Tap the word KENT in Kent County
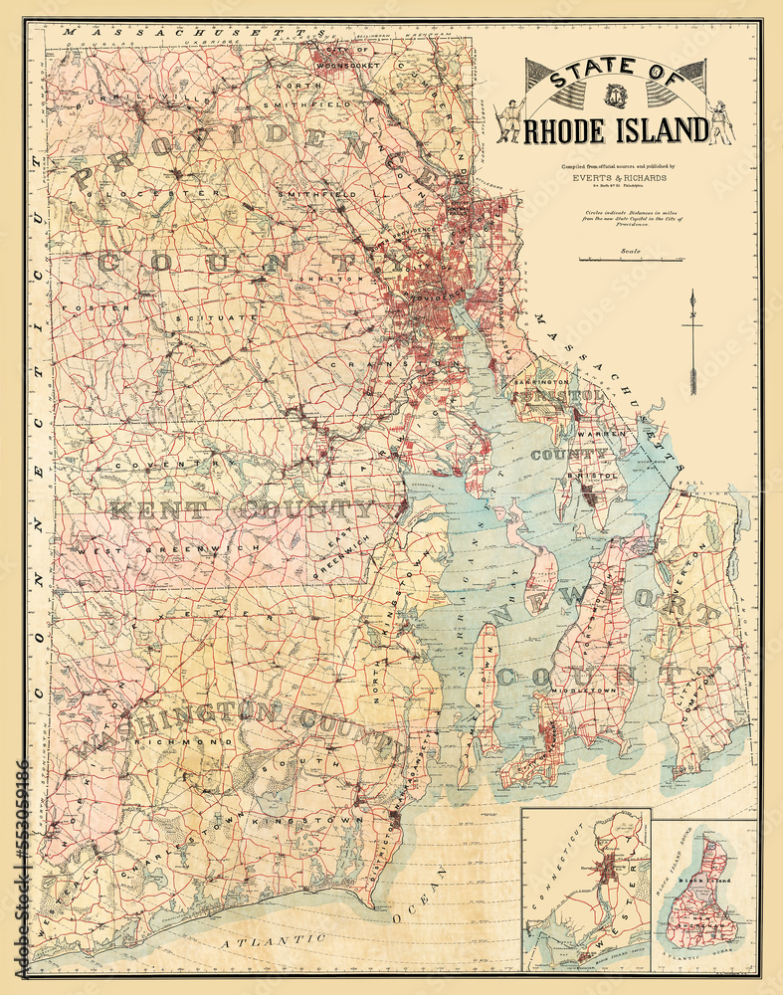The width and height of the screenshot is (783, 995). pos(158,510)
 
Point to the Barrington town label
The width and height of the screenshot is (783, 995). pos(541,381)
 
